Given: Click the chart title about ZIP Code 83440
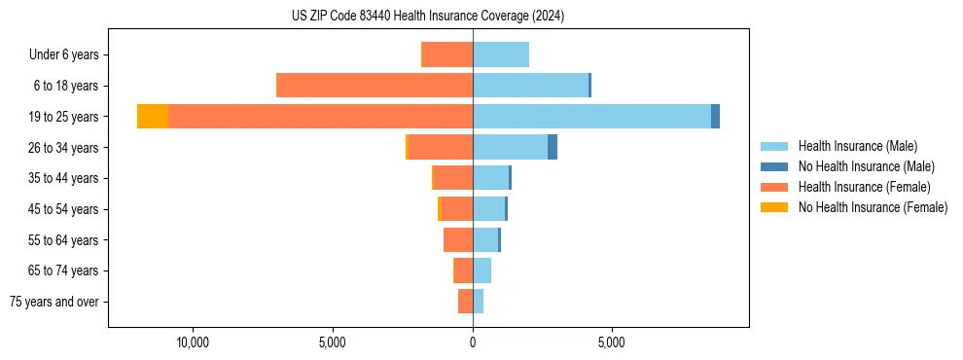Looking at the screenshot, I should click(x=427, y=17).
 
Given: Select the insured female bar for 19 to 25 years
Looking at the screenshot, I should click(x=320, y=116).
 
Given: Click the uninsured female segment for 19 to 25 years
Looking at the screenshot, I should click(x=153, y=116).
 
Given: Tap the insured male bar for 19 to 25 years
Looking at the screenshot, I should click(x=591, y=116).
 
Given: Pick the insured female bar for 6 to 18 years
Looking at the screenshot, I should click(x=374, y=86).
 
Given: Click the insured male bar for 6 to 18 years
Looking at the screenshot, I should click(x=530, y=86).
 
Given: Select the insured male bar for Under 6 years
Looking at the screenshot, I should click(x=501, y=54).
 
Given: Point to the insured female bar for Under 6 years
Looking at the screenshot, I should click(x=447, y=54).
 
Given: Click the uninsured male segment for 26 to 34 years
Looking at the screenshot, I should click(x=553, y=147).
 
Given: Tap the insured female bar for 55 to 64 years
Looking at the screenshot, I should click(x=458, y=239).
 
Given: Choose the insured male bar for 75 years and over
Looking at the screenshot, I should click(x=478, y=302).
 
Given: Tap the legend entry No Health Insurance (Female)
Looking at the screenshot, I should click(x=873, y=207).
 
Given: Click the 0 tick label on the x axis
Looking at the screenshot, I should click(x=473, y=343).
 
